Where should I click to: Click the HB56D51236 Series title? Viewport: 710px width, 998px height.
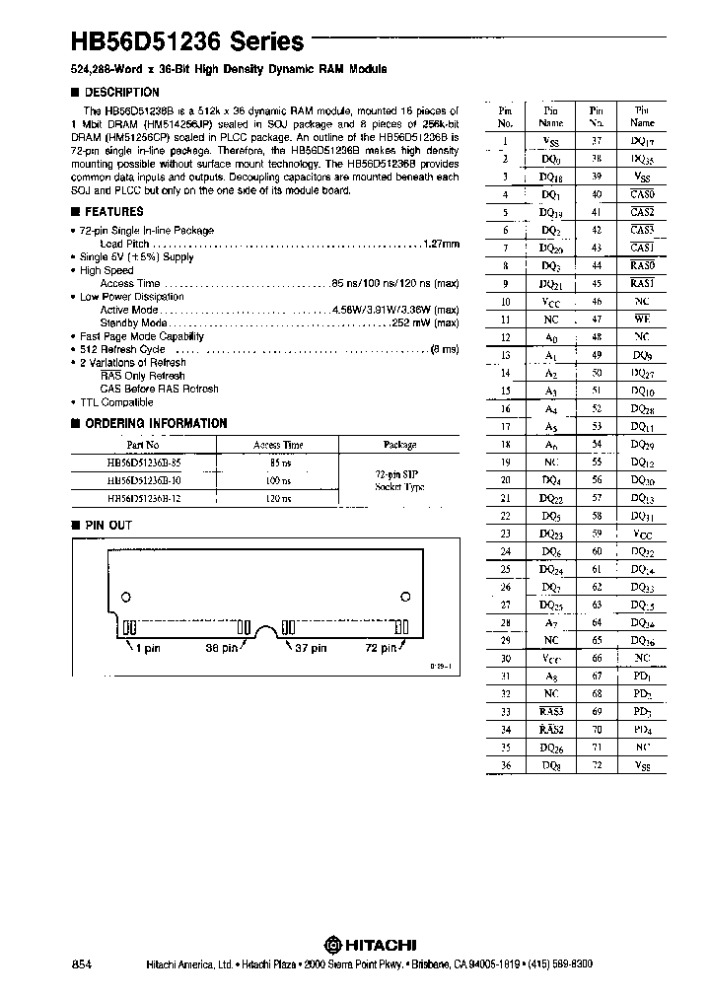tap(185, 42)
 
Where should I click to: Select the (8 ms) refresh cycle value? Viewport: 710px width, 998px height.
tap(443, 349)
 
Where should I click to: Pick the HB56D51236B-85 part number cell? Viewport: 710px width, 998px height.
tap(142, 462)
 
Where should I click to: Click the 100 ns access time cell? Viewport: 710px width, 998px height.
tap(279, 480)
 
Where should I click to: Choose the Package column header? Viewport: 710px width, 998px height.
tap(399, 445)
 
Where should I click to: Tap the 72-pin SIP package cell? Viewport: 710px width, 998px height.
tap(399, 480)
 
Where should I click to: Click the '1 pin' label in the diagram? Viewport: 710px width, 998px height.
tap(144, 648)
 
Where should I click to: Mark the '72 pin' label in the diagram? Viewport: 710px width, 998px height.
tap(380, 648)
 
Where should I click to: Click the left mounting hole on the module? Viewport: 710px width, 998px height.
tap(126, 598)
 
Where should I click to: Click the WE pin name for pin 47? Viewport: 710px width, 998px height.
tap(642, 320)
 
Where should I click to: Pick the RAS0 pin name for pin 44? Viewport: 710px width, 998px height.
tap(642, 265)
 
